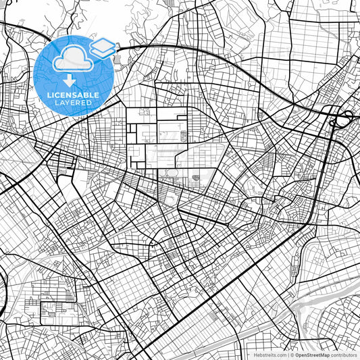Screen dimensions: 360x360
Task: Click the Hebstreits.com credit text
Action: point(270,355)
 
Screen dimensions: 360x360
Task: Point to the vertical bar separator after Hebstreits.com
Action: point(288,355)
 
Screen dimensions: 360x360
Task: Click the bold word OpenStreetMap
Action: point(313,355)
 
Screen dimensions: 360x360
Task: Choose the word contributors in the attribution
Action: point(344,355)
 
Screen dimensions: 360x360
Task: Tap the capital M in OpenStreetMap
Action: point(322,355)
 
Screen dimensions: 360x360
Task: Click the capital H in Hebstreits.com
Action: point(255,355)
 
